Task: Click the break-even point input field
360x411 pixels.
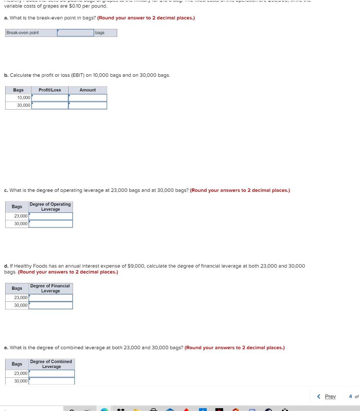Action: [75, 33]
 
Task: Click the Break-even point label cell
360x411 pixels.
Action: [31, 33]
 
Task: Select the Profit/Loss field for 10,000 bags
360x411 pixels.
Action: [50, 98]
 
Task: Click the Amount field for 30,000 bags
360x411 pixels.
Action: [88, 106]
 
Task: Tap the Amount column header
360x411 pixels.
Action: [87, 90]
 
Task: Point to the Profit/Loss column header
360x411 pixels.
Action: [50, 90]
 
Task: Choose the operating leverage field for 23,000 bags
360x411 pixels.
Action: [51, 216]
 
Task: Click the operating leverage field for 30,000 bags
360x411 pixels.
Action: [51, 224]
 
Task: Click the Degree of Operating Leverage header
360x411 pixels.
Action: [50, 207]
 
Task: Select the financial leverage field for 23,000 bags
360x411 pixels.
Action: [51, 298]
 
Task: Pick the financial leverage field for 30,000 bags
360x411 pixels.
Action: [51, 305]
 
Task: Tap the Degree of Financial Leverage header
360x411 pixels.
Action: [50, 289]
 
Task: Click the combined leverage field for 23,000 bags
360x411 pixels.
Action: [51, 374]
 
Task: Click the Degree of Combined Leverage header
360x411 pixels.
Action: [51, 364]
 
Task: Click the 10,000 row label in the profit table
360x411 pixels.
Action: [24, 98]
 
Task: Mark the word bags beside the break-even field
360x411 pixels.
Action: [100, 33]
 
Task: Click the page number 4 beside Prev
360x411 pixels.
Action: [350, 397]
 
